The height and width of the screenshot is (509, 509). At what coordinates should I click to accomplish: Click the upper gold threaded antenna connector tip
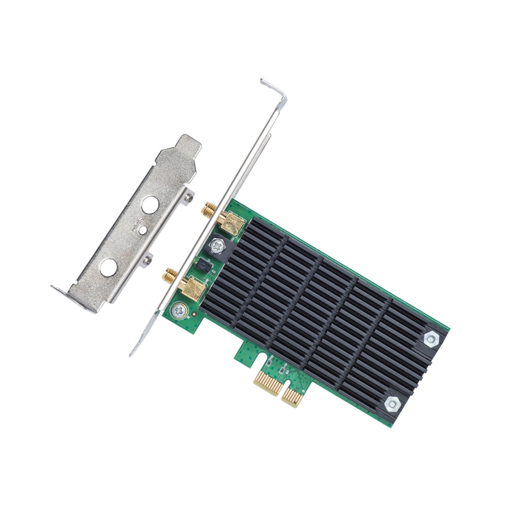click(x=208, y=209)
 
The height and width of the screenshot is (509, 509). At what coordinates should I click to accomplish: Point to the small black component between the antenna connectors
click(x=202, y=264)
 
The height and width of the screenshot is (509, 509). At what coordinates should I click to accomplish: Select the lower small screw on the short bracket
click(x=148, y=260)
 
